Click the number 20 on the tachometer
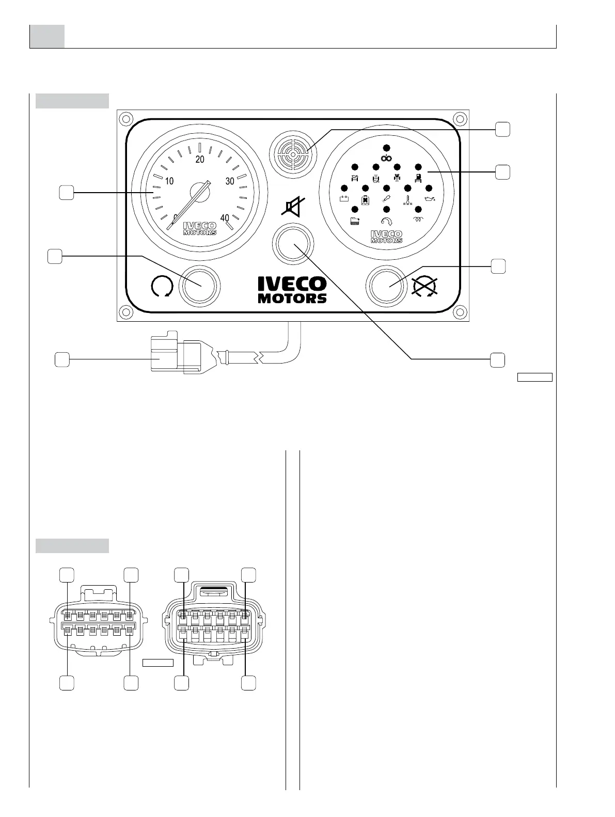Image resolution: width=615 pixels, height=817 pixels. (x=200, y=159)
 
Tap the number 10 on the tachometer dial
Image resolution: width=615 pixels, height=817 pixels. (x=169, y=181)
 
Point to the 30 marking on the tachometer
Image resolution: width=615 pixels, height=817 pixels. (x=230, y=181)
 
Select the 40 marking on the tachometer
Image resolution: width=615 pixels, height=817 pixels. (x=225, y=218)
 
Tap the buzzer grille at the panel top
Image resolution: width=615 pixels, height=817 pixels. (x=292, y=153)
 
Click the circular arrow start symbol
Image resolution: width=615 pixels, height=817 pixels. (x=161, y=287)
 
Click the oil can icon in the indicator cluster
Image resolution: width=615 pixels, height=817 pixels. (x=430, y=198)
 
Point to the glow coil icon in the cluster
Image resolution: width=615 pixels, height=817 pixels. (x=419, y=219)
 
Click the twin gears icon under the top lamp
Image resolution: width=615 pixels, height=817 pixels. (x=386, y=158)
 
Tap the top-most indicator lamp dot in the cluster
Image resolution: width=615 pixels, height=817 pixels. (x=386, y=147)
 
